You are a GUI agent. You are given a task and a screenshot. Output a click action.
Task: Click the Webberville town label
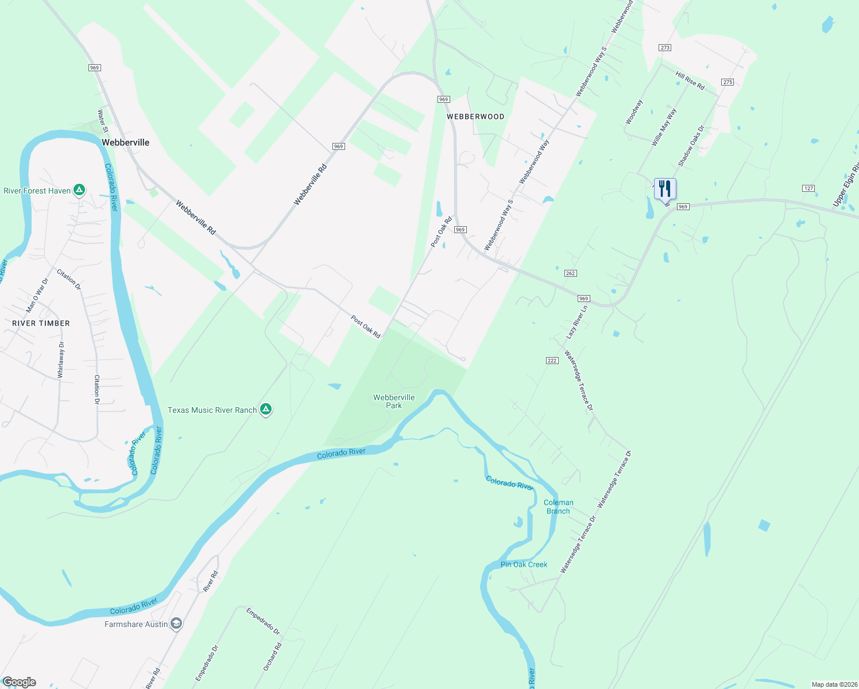click(125, 142)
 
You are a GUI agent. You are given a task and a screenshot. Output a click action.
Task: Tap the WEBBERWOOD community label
click(475, 117)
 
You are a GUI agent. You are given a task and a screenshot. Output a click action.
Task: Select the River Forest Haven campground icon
click(79, 191)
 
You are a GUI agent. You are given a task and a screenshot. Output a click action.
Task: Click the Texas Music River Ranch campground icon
click(265, 409)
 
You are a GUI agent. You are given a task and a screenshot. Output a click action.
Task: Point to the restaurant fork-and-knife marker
click(665, 189)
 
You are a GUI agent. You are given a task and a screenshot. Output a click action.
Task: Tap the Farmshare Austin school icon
click(176, 624)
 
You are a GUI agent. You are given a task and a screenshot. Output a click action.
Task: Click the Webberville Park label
click(394, 401)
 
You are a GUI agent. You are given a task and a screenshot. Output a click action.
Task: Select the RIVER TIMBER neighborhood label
click(41, 323)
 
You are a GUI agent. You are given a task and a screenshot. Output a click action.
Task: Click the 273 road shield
click(665, 48)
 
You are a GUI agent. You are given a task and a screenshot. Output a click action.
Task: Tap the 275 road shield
click(728, 82)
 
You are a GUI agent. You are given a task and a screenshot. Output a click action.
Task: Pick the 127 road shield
click(808, 188)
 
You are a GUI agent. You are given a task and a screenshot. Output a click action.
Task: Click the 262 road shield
click(570, 273)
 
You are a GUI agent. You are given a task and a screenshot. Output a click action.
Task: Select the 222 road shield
click(552, 361)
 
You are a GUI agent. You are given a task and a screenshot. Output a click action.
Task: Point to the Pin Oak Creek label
click(524, 564)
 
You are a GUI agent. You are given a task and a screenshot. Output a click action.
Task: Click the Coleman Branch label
click(558, 506)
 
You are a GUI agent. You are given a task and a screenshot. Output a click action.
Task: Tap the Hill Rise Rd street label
click(690, 80)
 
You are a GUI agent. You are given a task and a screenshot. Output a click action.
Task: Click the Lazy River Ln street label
click(577, 322)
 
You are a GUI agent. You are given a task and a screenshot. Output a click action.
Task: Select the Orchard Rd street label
click(273, 657)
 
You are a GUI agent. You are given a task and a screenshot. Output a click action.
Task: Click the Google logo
click(19, 682)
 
